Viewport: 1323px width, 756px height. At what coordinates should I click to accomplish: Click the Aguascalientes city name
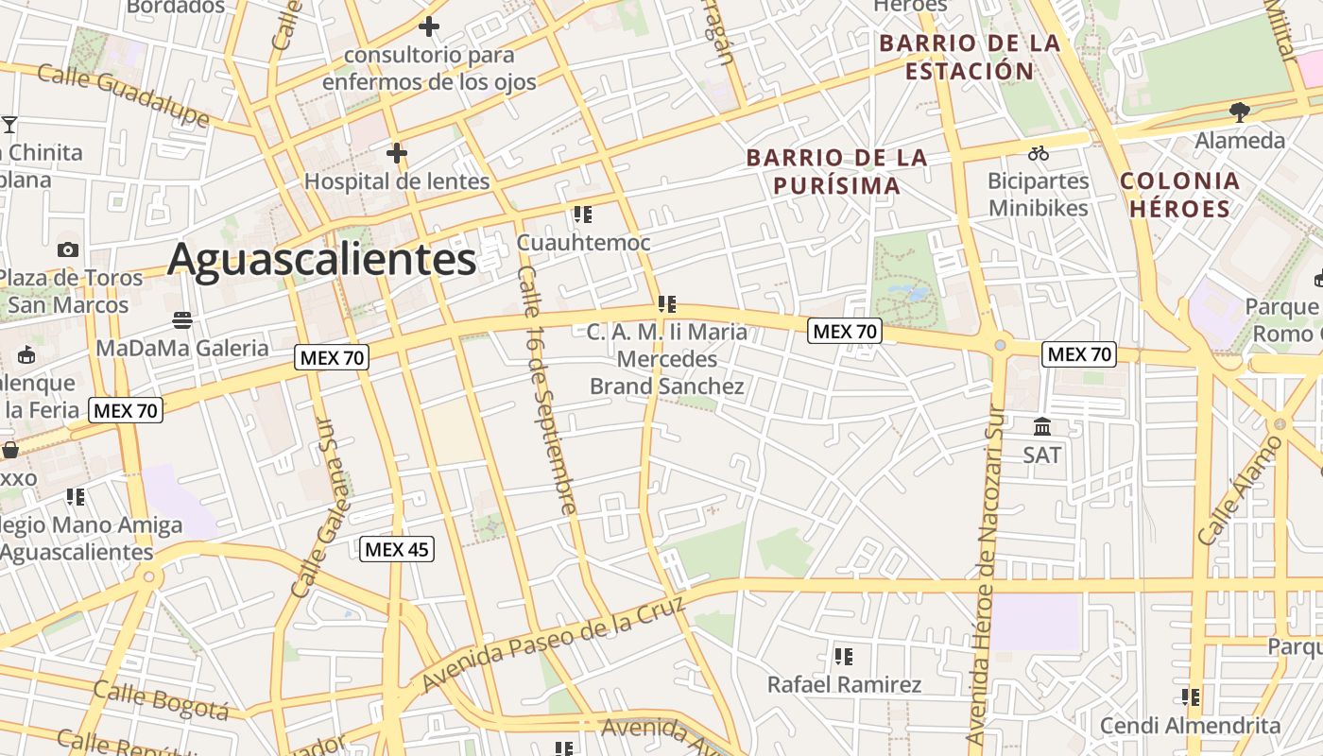(321, 260)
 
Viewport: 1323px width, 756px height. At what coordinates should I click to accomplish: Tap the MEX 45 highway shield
(397, 549)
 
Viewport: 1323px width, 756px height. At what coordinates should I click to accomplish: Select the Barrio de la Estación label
(970, 57)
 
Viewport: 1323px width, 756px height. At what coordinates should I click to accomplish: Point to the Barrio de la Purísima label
(837, 171)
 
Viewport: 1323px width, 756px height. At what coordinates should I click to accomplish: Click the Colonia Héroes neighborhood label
(1178, 195)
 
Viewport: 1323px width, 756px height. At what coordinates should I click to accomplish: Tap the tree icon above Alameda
(1240, 112)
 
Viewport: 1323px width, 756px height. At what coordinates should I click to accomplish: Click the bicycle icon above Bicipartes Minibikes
(1038, 152)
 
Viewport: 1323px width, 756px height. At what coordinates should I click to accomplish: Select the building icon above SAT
(1042, 426)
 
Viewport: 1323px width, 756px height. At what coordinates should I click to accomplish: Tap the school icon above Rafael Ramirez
(844, 656)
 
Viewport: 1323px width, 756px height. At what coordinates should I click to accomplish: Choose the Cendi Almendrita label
(1190, 726)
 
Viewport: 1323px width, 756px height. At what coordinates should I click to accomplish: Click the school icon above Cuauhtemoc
(582, 215)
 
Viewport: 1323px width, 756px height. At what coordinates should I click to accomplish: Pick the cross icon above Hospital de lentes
(397, 152)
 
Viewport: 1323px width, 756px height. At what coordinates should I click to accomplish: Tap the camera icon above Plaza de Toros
(68, 249)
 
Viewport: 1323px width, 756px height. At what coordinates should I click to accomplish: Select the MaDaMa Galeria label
(182, 348)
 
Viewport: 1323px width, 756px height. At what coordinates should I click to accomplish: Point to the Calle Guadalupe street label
(124, 94)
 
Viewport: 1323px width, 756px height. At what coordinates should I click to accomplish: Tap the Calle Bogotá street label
(162, 700)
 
